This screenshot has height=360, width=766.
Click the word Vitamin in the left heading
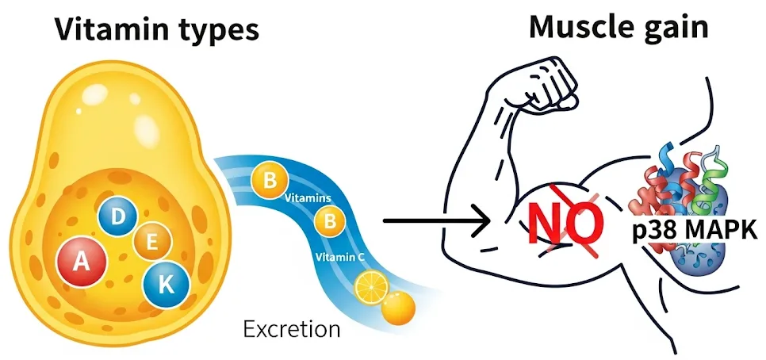coord(106,29)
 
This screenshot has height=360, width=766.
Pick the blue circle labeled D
coord(117,216)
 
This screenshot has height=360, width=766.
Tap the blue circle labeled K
coord(166,283)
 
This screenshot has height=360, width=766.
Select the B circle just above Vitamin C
coord(326,223)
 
